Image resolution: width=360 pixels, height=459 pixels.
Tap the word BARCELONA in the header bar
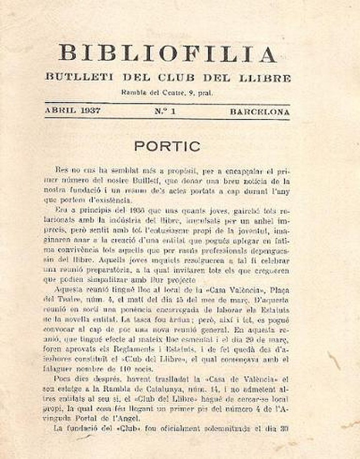pos(259,111)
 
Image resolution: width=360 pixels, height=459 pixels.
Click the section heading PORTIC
pos(167,146)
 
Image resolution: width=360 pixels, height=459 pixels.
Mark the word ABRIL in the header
pos(59,111)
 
